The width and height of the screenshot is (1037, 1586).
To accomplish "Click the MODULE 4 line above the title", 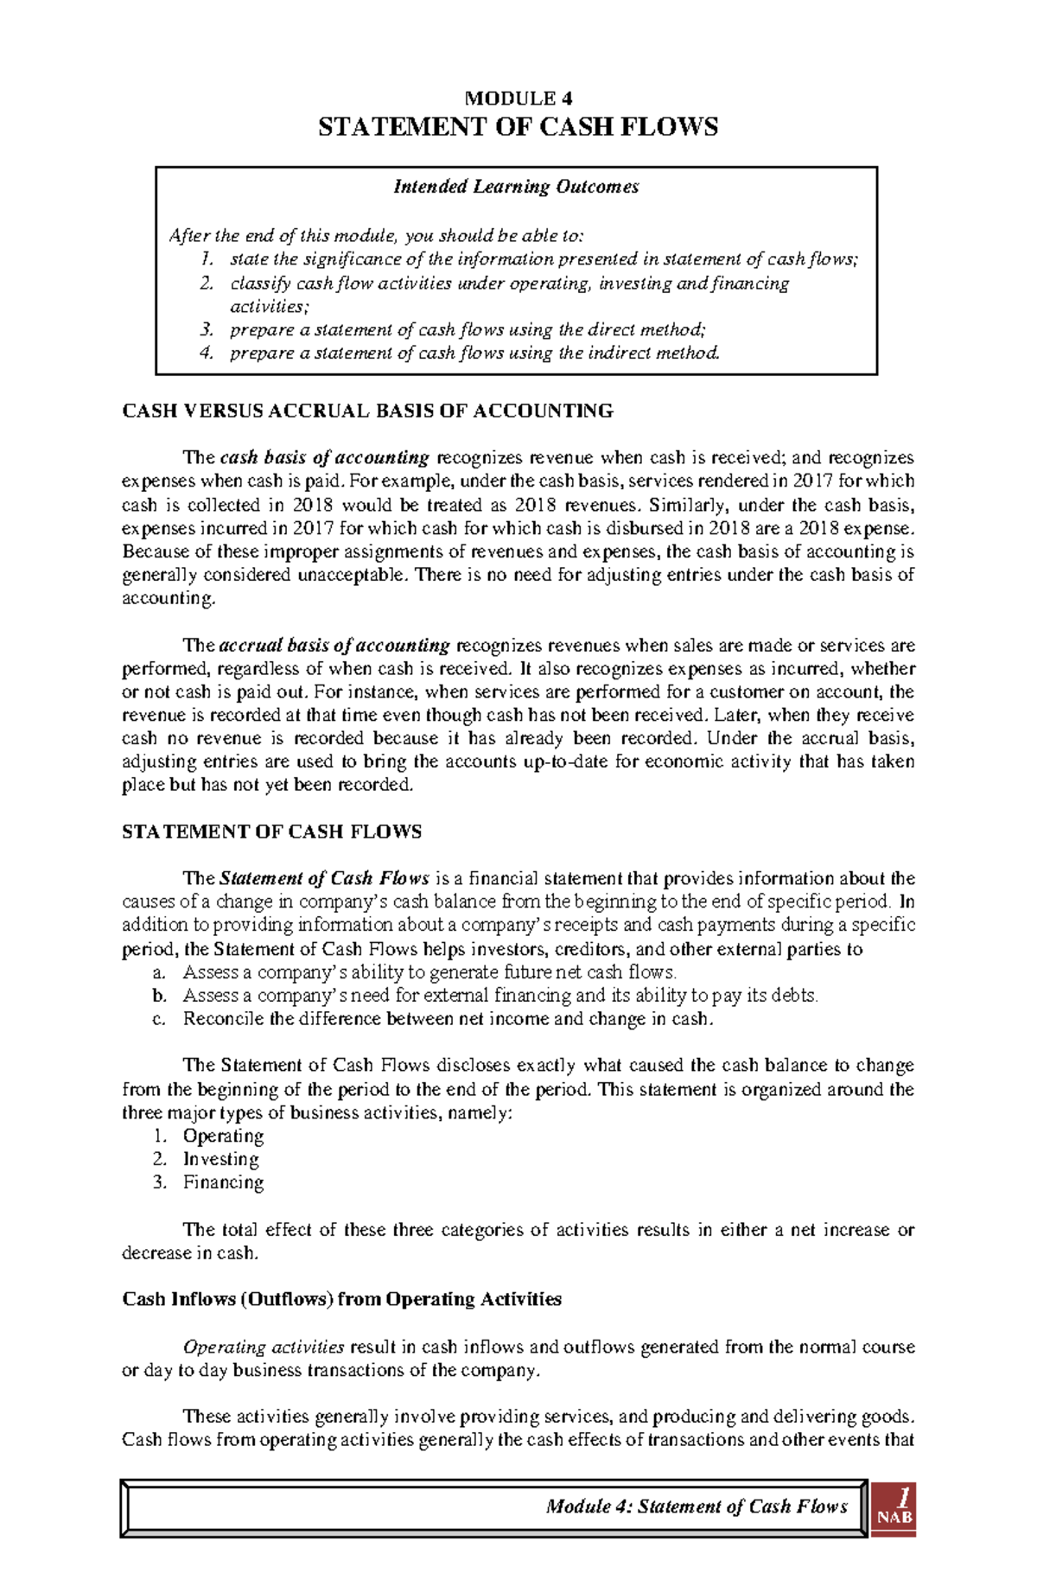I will click(518, 99).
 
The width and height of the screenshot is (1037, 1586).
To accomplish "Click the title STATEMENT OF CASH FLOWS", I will click(518, 127).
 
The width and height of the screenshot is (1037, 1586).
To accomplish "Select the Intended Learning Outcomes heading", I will click(516, 187).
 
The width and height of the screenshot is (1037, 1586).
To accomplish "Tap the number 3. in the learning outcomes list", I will click(206, 329).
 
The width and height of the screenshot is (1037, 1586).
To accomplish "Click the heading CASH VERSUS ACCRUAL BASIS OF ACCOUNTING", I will click(368, 411).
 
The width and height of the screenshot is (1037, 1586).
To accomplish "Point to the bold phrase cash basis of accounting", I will click(325, 457).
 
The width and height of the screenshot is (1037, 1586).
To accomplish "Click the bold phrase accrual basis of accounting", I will click(334, 645).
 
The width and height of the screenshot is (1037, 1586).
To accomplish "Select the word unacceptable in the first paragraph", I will click(350, 575).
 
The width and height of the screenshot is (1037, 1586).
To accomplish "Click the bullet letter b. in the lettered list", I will click(159, 996).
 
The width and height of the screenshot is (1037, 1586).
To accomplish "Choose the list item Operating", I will click(223, 1136).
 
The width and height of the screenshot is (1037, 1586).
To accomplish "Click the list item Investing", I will click(220, 1159).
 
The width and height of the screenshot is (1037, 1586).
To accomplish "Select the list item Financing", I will click(223, 1182).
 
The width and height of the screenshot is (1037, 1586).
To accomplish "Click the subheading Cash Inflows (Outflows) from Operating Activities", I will click(342, 1299).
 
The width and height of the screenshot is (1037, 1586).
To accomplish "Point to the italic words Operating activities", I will click(264, 1347).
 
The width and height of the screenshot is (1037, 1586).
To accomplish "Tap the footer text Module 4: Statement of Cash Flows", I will click(697, 1506).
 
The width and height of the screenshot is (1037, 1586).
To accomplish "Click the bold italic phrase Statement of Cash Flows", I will click(325, 878).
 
